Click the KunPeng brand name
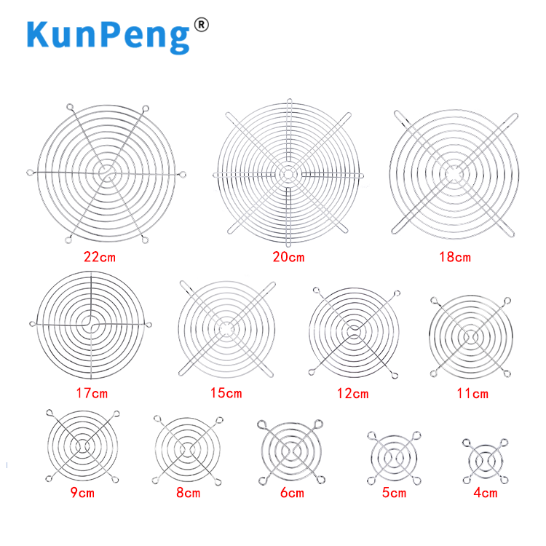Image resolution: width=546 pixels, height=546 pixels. (x=108, y=36)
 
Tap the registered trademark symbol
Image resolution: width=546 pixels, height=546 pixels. (x=202, y=25)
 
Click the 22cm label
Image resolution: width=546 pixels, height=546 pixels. (x=100, y=257)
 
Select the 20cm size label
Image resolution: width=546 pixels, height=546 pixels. (x=289, y=257)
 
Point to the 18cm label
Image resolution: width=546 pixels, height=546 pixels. (x=455, y=257)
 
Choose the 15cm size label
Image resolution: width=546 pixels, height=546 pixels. (x=226, y=393)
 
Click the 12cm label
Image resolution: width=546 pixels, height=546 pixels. (x=353, y=394)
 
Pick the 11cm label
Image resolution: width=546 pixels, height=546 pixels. (x=472, y=394)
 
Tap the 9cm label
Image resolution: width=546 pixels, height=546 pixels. (x=82, y=493)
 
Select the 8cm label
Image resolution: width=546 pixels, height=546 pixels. (x=187, y=493)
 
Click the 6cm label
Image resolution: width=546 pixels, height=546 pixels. (x=291, y=493)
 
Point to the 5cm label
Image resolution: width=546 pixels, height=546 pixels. (x=394, y=493)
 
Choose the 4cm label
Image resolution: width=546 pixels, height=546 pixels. (x=485, y=493)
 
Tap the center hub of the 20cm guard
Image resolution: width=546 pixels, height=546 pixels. (x=288, y=175)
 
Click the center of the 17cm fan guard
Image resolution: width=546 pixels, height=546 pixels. (x=91, y=323)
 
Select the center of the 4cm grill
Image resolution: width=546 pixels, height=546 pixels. (x=484, y=460)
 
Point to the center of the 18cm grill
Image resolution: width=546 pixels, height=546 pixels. (x=455, y=174)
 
